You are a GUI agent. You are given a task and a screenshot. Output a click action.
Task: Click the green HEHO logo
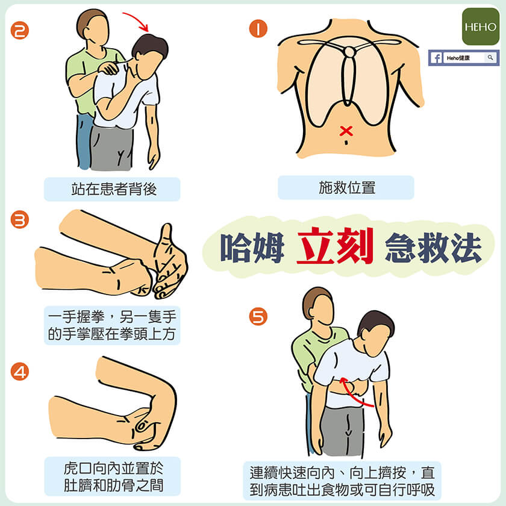pyautogui.click(x=481, y=27)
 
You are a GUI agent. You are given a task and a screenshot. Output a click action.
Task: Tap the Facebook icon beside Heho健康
pyautogui.click(x=437, y=58)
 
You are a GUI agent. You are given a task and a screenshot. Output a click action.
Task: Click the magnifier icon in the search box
pyautogui.click(x=490, y=57)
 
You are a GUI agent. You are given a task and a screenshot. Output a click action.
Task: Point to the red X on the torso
pyautogui.click(x=346, y=131)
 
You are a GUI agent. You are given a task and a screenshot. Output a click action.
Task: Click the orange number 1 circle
pyautogui.click(x=258, y=28)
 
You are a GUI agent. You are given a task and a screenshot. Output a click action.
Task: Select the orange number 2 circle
pyautogui.click(x=20, y=31)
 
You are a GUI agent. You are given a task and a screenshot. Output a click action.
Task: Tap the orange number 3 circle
pyautogui.click(x=20, y=220)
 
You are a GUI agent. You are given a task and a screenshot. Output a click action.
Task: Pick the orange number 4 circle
pyautogui.click(x=20, y=372)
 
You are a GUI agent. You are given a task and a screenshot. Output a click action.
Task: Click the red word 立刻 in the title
pyautogui.click(x=336, y=246)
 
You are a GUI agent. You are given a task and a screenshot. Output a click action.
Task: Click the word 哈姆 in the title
pyautogui.click(x=252, y=247)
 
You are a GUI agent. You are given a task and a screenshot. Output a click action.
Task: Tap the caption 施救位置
pyautogui.click(x=347, y=187)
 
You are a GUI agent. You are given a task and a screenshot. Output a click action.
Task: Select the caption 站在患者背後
pyautogui.click(x=114, y=189)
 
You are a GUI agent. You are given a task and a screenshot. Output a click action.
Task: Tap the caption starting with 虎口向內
pyautogui.click(x=114, y=477)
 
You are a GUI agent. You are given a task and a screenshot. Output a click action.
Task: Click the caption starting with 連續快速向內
pyautogui.click(x=342, y=481)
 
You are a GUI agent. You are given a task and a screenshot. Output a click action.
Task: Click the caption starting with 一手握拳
pyautogui.click(x=112, y=325)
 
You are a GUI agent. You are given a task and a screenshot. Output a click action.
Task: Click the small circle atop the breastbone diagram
pyautogui.click(x=349, y=52)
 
